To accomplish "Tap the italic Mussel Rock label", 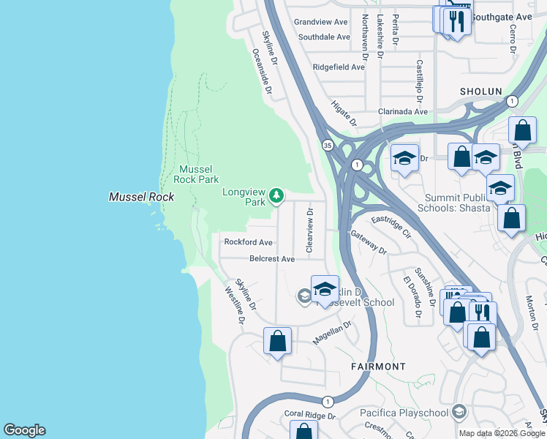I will click(141, 197).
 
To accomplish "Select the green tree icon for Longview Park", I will click(276, 195).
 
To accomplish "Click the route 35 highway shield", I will click(325, 145).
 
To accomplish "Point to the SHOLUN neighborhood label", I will click(480, 91).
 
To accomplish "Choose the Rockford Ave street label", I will click(248, 242).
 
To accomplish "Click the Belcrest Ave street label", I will click(271, 259).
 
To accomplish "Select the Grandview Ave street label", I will click(320, 22).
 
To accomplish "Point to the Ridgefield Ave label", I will click(338, 67).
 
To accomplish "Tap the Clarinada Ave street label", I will click(402, 111).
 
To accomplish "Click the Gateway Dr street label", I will click(368, 241).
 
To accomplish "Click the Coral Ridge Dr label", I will click(309, 415).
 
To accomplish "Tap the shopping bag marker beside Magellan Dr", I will click(277, 341).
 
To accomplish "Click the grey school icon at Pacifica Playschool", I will click(459, 411).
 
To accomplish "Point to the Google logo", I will click(24, 430).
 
